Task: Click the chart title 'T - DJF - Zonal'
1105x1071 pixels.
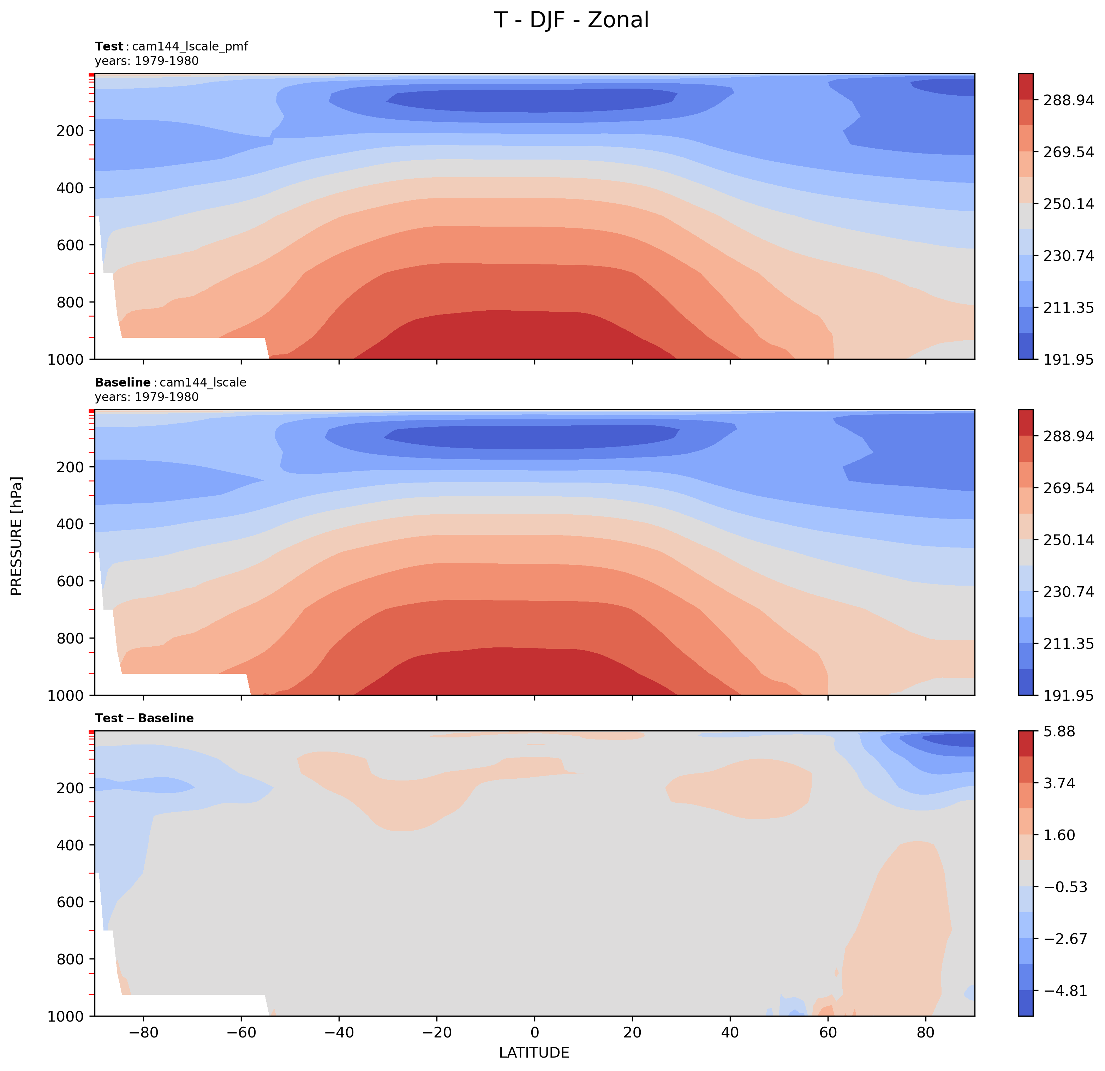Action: click(571, 20)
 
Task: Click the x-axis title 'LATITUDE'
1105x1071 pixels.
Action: click(534, 1052)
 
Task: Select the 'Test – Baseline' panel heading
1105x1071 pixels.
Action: click(144, 718)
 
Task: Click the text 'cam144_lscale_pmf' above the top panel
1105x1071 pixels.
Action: click(190, 46)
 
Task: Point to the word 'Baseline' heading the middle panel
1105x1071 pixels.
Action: click(123, 382)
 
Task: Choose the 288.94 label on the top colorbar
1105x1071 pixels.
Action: click(1068, 100)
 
